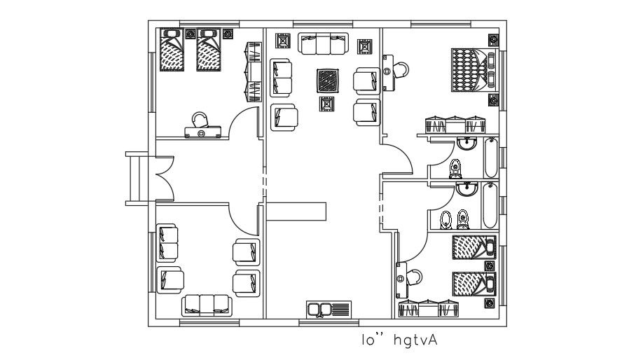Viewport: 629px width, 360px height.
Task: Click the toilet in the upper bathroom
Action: pyautogui.click(x=455, y=168)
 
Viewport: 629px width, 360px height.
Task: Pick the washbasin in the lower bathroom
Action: pyautogui.click(x=468, y=189)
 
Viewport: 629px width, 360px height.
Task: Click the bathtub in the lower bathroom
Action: pyautogui.click(x=490, y=205)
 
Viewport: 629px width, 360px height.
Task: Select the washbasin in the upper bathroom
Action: pyautogui.click(x=466, y=144)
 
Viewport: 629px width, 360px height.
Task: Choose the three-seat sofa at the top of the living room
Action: pyautogui.click(x=324, y=44)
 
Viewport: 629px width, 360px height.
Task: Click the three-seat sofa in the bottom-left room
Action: pyautogui.click(x=207, y=304)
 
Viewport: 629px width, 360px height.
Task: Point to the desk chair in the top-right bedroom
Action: pyautogui.click(x=401, y=69)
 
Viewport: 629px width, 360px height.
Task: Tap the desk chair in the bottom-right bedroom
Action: pyautogui.click(x=413, y=277)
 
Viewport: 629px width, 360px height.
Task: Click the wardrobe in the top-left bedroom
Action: pyautogui.click(x=251, y=71)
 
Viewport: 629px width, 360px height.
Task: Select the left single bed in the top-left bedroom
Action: pyautogui.click(x=172, y=50)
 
